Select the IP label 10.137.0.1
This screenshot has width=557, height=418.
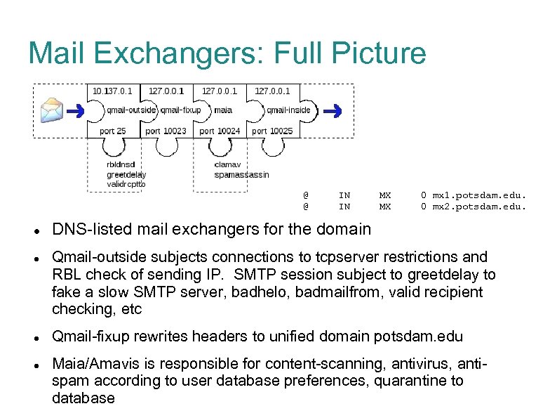point(112,91)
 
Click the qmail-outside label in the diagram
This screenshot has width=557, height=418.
point(131,110)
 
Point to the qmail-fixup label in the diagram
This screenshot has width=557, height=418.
point(180,110)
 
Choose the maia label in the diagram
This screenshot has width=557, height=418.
point(223,110)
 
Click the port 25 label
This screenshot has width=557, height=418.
point(112,131)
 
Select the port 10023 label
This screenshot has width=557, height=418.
point(166,131)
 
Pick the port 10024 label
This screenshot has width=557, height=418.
point(220,131)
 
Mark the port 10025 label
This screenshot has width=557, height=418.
point(272,131)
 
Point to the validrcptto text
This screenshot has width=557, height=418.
point(126,184)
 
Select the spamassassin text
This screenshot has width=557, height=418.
point(241,175)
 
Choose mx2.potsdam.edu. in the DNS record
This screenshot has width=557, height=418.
point(478,207)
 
